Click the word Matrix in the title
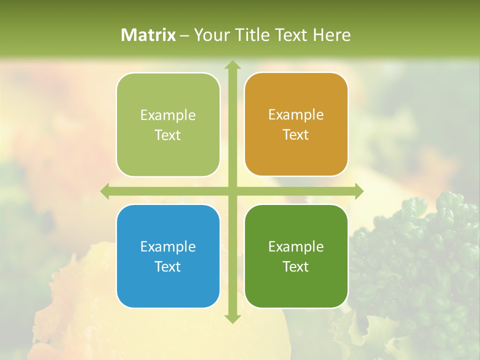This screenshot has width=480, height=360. click(x=148, y=35)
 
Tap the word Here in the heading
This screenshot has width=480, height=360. click(x=331, y=35)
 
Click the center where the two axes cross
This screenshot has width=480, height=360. click(x=232, y=191)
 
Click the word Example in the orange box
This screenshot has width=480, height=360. click(x=296, y=115)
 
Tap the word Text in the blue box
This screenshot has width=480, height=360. click(x=168, y=266)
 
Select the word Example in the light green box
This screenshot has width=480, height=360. click(x=168, y=115)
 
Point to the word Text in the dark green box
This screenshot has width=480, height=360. click(x=296, y=266)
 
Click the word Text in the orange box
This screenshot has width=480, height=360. click(x=296, y=135)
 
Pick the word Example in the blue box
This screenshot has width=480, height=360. click(x=168, y=246)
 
